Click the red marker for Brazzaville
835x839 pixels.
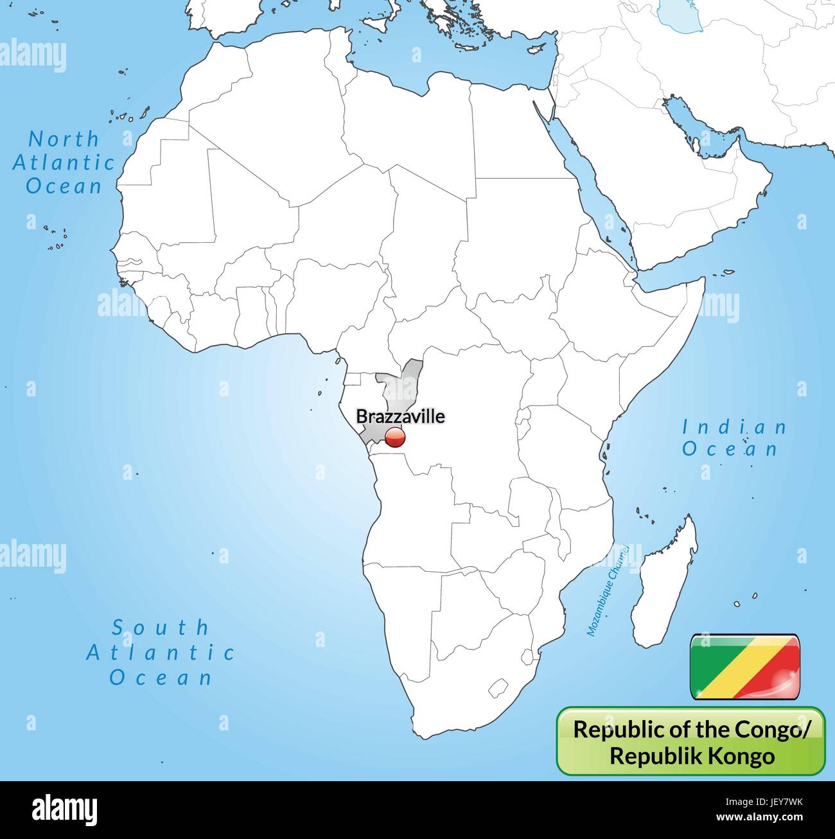coord(395,439)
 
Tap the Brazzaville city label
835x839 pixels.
coord(400,416)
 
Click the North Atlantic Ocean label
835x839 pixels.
coord(64,163)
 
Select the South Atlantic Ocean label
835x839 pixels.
coord(161,652)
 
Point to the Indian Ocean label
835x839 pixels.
coord(734,437)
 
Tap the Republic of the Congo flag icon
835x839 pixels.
coord(744,667)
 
